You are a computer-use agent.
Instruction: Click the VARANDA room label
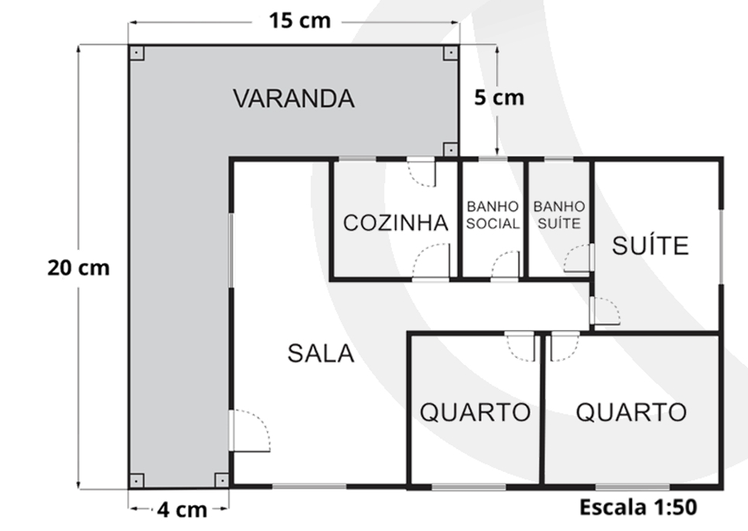click(294, 99)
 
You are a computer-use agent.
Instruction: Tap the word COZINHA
click(395, 223)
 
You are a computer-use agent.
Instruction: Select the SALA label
click(321, 354)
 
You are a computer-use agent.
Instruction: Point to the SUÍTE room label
click(651, 245)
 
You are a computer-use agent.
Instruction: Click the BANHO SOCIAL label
click(493, 215)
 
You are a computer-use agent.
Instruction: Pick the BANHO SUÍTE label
click(559, 215)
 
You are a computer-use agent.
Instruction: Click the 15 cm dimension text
click(299, 21)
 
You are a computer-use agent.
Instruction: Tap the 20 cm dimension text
click(78, 267)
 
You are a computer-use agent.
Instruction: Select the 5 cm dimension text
click(499, 97)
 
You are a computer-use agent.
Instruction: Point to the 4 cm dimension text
click(182, 510)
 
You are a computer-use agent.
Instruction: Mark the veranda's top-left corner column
click(137, 52)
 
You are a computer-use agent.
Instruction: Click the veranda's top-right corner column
click(450, 52)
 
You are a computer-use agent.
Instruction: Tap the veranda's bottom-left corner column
click(137, 480)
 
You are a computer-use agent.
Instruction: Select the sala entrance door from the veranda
click(249, 431)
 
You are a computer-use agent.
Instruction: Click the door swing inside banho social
click(505, 264)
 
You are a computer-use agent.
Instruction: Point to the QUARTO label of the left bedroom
click(475, 411)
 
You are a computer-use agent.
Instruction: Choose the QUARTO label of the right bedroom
click(631, 411)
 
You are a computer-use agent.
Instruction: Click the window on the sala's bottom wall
click(309, 487)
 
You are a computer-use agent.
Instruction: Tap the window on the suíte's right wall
click(721, 247)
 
